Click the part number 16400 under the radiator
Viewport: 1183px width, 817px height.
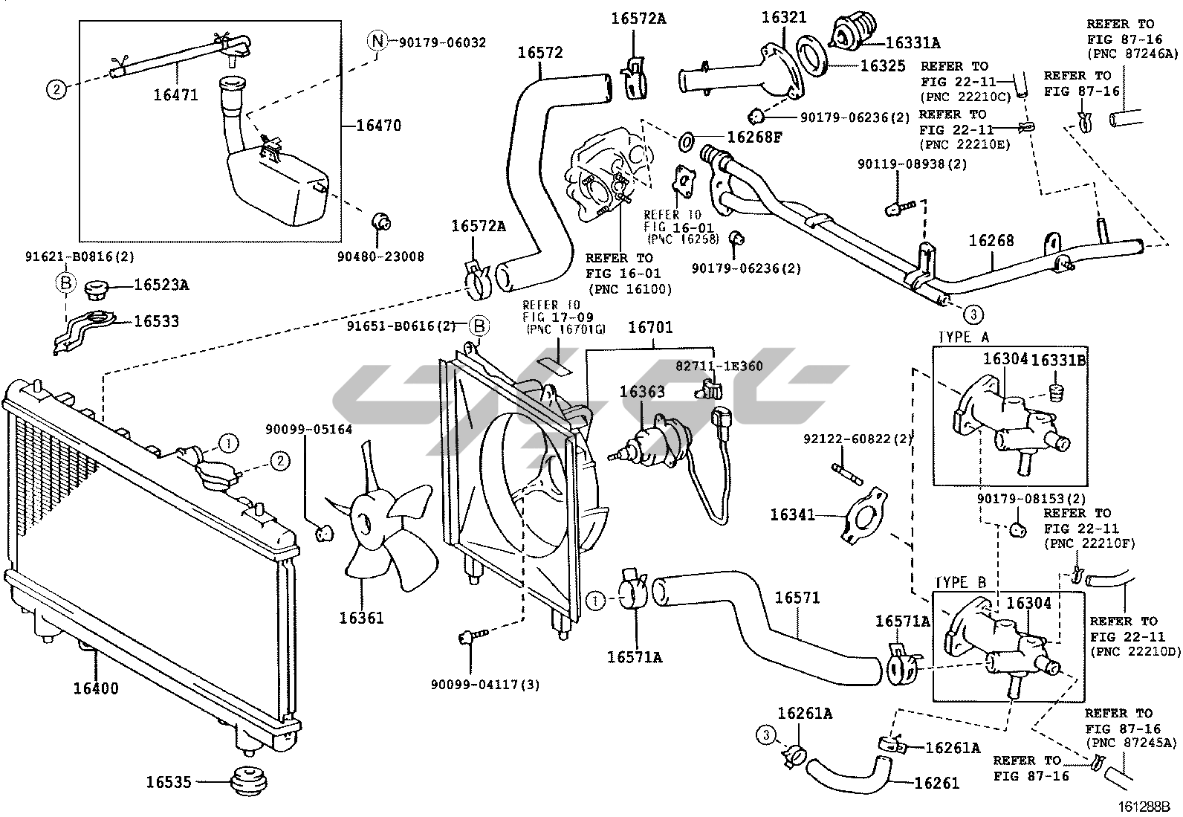pos(95,688)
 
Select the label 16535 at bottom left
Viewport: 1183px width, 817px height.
pos(169,782)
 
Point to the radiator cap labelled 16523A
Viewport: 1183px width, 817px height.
pos(98,287)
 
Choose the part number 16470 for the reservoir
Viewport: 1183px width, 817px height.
pos(378,126)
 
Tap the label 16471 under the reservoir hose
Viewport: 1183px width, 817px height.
pos(175,94)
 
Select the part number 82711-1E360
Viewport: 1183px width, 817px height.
pos(719,366)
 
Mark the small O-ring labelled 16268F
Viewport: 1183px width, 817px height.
pos(687,138)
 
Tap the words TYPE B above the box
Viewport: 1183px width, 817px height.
pos(960,582)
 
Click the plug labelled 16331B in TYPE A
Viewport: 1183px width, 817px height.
pos(1057,390)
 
